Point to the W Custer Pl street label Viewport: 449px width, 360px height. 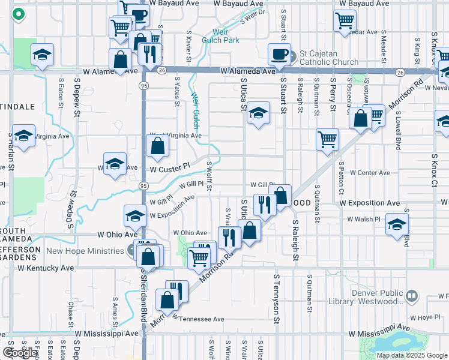tap(169, 169)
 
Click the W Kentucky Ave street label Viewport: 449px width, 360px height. tap(46, 268)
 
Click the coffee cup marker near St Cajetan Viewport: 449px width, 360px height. tap(280, 53)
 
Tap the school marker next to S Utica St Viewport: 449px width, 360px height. tap(258, 113)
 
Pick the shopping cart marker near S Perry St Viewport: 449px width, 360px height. tap(328, 139)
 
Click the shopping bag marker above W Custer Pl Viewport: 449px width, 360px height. tap(157, 145)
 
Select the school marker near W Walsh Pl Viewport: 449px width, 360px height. tap(397, 224)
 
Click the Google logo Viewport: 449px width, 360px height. tap(20, 353)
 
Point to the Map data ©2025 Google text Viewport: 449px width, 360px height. tap(412, 355)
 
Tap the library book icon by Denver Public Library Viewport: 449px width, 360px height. tap(412, 295)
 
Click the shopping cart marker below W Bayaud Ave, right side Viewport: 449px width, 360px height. tap(345, 20)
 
